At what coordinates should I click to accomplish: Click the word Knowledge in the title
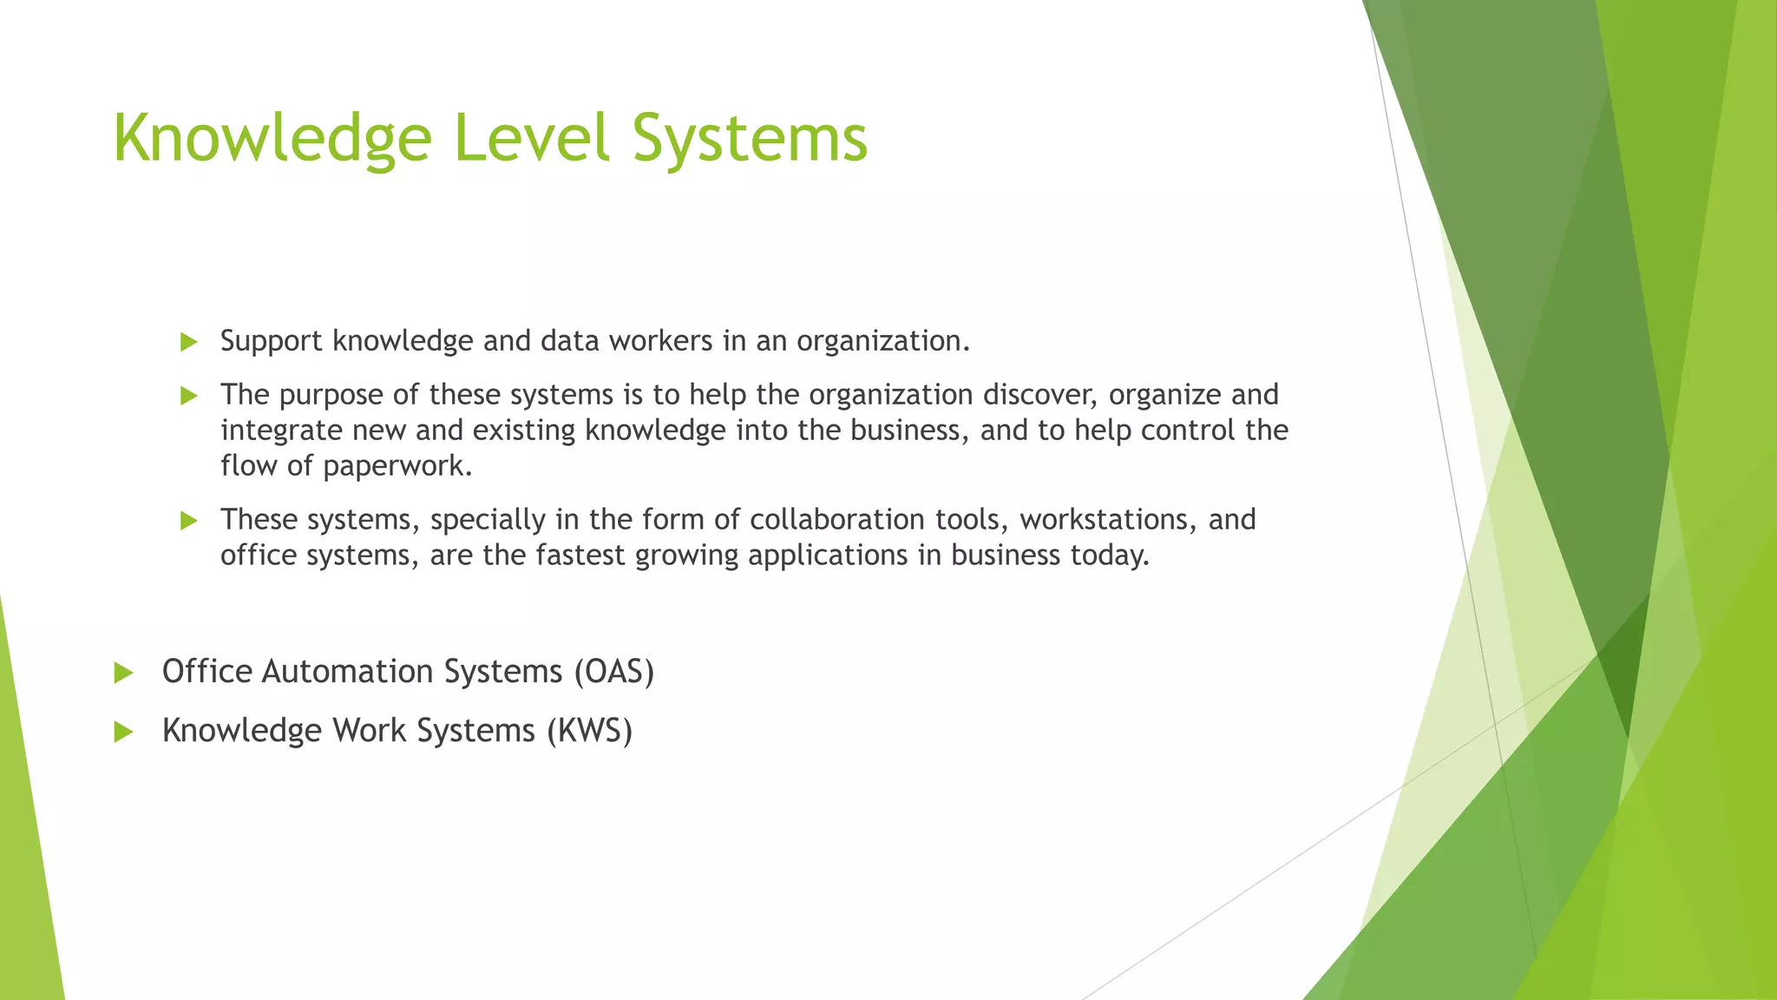click(272, 139)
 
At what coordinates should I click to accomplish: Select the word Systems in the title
click(750, 139)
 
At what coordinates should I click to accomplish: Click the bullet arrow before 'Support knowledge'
click(188, 342)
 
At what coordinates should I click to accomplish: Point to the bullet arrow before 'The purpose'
click(188, 396)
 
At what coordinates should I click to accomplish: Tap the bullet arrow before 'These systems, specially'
click(188, 521)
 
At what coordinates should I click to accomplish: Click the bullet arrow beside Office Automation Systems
click(123, 673)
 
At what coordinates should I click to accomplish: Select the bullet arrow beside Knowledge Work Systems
click(123, 732)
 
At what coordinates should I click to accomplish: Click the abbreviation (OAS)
click(613, 672)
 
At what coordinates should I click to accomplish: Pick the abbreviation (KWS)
click(589, 731)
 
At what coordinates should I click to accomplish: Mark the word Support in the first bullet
click(271, 341)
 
